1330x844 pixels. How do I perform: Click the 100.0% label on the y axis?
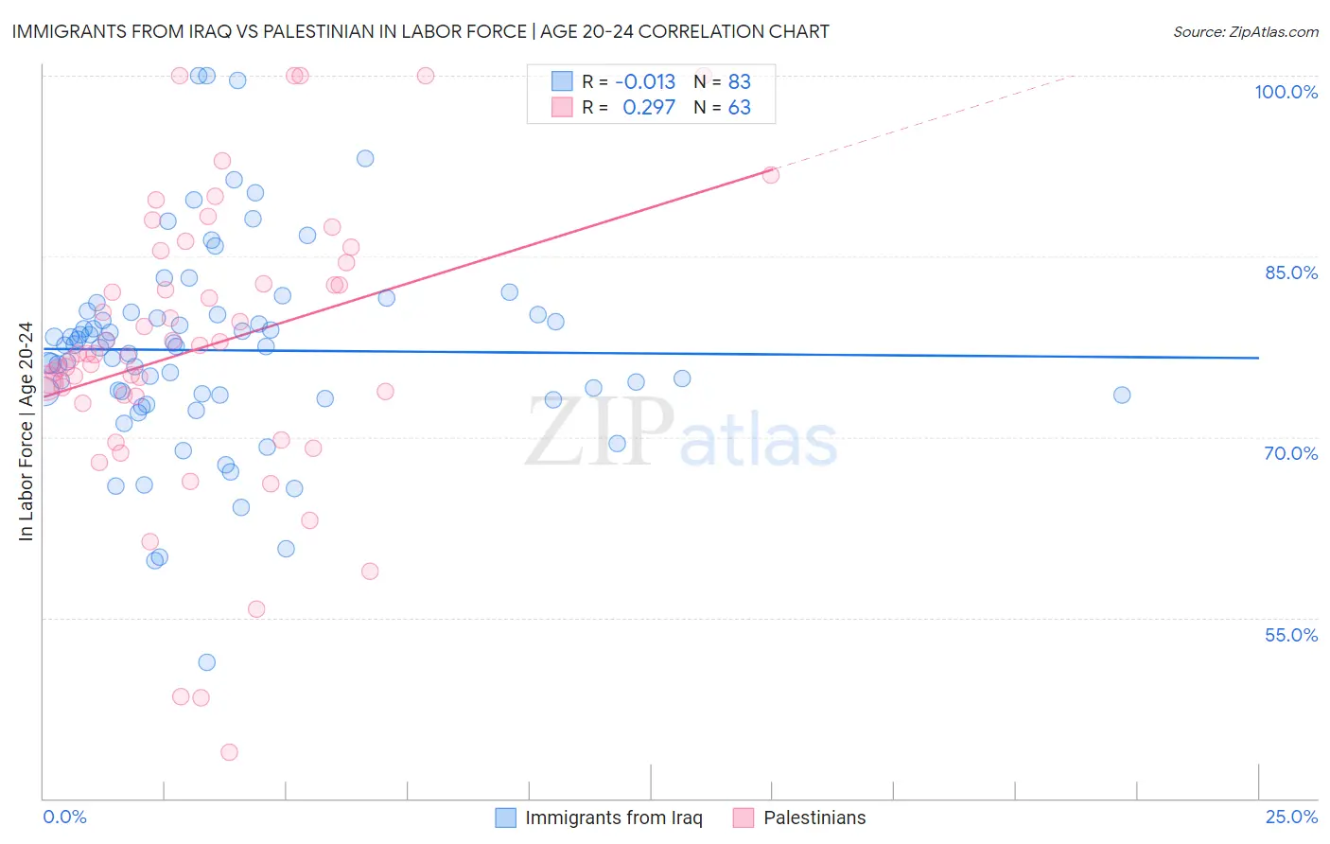coord(1286,92)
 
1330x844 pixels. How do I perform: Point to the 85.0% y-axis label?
coord(1291,273)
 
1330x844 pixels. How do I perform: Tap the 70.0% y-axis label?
coord(1290,453)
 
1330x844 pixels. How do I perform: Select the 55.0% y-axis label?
coord(1290,635)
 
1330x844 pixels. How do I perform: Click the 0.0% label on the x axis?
coord(64,817)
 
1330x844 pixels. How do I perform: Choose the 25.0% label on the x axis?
coord(1291,817)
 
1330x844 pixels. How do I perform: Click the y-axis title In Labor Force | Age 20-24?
coord(26,431)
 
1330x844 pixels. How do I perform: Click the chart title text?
coord(420,31)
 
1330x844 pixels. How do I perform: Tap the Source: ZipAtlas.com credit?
coord(1245,32)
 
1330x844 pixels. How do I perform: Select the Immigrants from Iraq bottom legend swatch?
coord(506,818)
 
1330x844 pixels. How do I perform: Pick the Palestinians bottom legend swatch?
coord(744,818)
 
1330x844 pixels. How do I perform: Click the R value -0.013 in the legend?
coord(645,81)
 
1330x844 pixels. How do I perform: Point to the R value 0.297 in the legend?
coord(649,108)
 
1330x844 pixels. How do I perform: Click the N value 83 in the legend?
coord(739,81)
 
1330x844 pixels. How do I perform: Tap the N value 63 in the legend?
coord(739,108)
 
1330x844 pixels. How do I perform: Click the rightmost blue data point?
coord(1122,395)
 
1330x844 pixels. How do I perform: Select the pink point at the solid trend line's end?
coord(771,175)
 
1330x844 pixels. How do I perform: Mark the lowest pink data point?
coord(229,752)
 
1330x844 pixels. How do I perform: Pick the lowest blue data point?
coord(206,662)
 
